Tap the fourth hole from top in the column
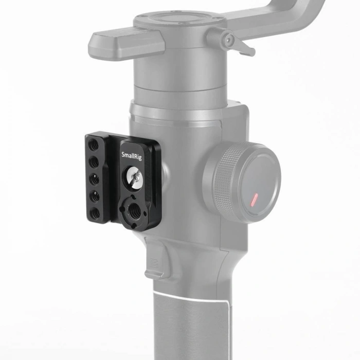pyautogui.click(x=95, y=195)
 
